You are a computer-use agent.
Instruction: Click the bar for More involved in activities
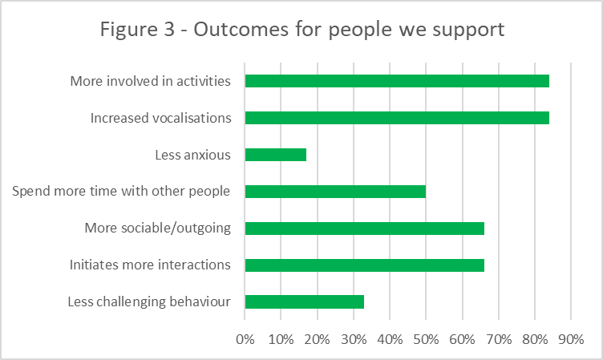pyautogui.click(x=396, y=81)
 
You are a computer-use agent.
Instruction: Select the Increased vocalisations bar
pyautogui.click(x=396, y=118)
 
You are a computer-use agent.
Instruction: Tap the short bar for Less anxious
pyautogui.click(x=275, y=155)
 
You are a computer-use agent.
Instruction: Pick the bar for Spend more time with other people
pyautogui.click(x=334, y=192)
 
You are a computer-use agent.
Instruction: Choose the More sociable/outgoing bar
pyautogui.click(x=364, y=229)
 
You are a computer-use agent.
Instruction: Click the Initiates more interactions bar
pyautogui.click(x=364, y=265)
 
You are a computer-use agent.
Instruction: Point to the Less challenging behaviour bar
pyautogui.click(x=304, y=302)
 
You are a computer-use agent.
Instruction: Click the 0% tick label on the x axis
pyautogui.click(x=245, y=339)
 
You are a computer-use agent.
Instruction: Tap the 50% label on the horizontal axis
pyautogui.click(x=426, y=339)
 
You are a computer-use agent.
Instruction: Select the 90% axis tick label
pyautogui.click(x=570, y=339)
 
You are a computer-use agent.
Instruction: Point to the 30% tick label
pyautogui.click(x=353, y=339)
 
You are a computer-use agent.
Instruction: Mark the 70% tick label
pyautogui.click(x=498, y=339)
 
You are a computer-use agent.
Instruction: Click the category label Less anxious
pyautogui.click(x=192, y=155)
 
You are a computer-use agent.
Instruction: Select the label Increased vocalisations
pyautogui.click(x=160, y=118)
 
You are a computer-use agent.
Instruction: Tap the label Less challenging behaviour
pyautogui.click(x=150, y=302)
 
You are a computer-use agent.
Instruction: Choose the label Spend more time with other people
pyautogui.click(x=122, y=192)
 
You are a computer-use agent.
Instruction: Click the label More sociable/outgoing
pyautogui.click(x=157, y=229)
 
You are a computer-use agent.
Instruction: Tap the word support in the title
pyautogui.click(x=468, y=31)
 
